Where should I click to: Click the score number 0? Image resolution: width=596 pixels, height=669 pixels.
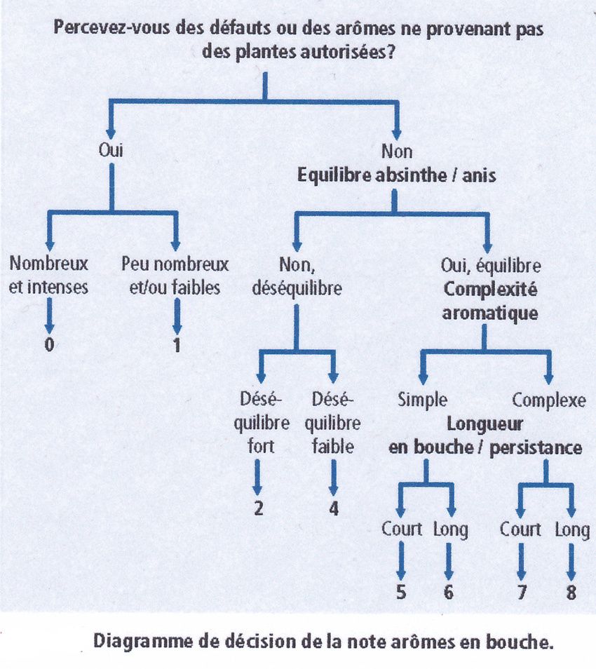[50, 344]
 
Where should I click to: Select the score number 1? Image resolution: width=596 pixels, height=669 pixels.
[177, 345]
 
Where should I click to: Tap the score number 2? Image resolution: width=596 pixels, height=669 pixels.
[259, 508]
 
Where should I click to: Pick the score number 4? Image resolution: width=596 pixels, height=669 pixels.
[333, 508]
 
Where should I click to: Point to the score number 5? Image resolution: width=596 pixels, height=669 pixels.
[401, 592]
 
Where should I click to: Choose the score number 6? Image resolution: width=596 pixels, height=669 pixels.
[448, 592]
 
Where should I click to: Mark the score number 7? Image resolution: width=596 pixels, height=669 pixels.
[522, 592]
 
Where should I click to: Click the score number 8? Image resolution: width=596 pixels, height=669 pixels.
[571, 592]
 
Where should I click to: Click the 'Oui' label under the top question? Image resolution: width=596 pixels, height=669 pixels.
[111, 150]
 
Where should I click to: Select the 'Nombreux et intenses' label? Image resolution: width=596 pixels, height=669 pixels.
[48, 275]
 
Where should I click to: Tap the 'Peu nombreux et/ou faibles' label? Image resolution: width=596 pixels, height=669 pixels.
[175, 276]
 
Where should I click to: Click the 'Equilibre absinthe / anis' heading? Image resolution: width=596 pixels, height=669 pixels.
[397, 175]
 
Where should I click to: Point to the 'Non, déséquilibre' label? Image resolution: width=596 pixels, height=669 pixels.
[297, 276]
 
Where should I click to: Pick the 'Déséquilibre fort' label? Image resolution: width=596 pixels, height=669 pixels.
[262, 423]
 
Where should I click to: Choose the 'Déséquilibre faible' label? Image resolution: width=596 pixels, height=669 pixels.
[333, 423]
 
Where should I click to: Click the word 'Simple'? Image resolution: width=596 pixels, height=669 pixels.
[422, 400]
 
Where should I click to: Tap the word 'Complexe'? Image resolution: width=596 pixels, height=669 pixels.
[549, 400]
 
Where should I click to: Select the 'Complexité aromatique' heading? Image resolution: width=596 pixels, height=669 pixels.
[490, 302]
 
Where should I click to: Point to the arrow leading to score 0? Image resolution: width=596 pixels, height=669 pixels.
[50, 315]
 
